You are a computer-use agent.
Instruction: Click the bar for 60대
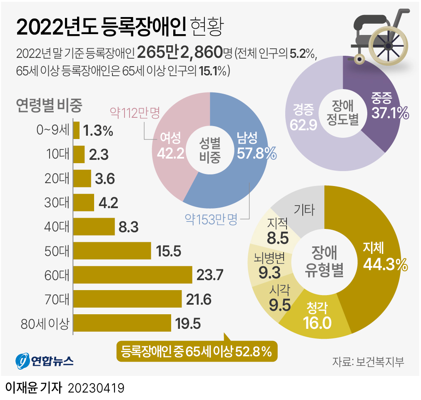point(132,275)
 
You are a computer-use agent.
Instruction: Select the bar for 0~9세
point(76,130)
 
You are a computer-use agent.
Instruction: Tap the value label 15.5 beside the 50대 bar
point(169,251)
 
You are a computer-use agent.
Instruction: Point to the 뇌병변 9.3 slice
point(268,266)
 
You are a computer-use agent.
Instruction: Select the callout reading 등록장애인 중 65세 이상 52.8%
point(196,352)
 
